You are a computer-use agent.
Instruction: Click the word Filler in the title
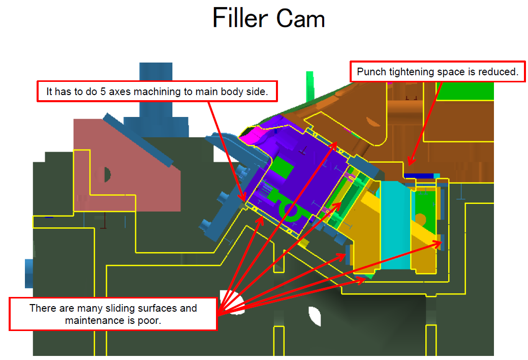(240, 19)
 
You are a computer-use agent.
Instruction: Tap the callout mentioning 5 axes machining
(157, 92)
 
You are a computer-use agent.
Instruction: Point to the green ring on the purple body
(290, 209)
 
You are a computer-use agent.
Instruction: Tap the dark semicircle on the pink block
(107, 174)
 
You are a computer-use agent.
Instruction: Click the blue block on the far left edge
(29, 273)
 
